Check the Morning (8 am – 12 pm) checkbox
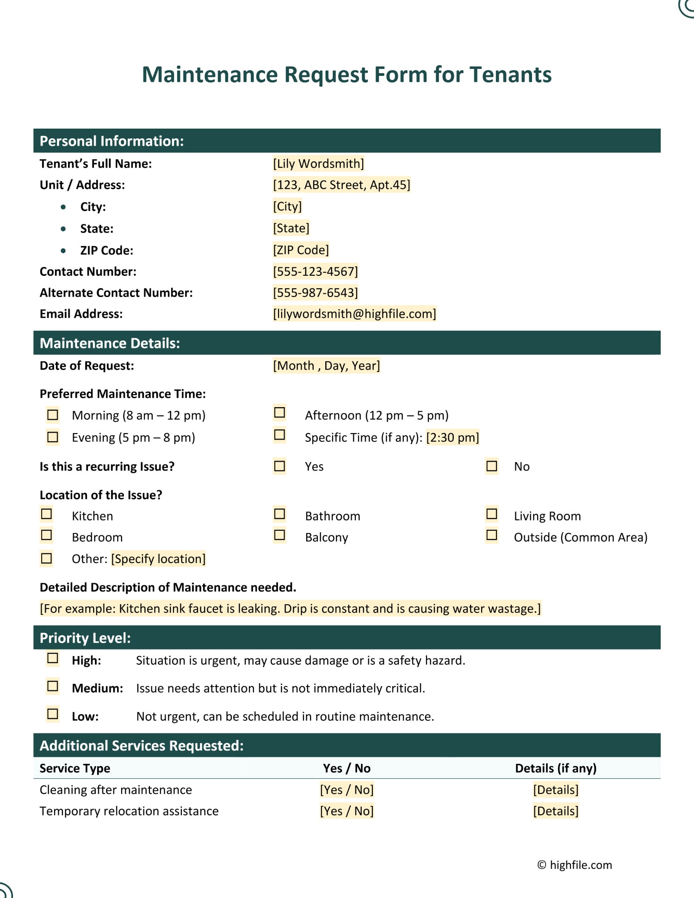pos(53,415)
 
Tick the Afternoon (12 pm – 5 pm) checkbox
pos(279,412)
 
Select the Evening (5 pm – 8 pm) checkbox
pos(53,437)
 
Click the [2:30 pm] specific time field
pos(452,437)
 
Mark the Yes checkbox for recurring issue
pos(279,466)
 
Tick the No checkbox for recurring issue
pos(492,466)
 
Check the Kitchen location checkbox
pos(47,514)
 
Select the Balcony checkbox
pos(279,535)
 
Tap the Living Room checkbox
pos(492,514)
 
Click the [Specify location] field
pos(158,559)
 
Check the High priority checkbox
pos(53,658)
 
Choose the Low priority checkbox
pos(53,714)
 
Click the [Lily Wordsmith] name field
pos(318,164)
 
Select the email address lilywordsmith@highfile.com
pos(354,314)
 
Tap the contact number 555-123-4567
pos(316,272)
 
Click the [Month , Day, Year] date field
pos(327,366)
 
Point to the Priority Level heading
pos(85,638)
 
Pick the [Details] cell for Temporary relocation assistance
pos(556,811)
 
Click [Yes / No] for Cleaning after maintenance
pos(347,790)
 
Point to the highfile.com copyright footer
pos(575,865)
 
